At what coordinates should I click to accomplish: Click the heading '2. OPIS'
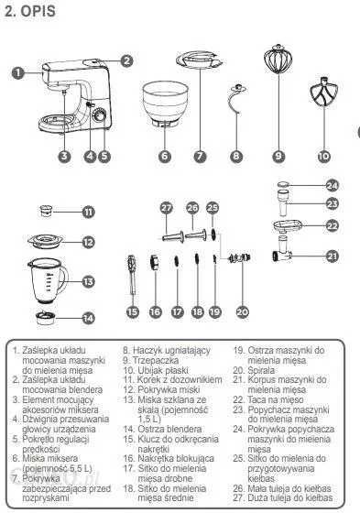pos(30,11)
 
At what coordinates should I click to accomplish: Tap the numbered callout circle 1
pos(18,72)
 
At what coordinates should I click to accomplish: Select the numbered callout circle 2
pos(127,60)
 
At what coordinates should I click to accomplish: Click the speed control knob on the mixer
pos(99,116)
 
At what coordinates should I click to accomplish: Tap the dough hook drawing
pos(236,99)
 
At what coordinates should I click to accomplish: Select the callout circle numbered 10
pos(323,156)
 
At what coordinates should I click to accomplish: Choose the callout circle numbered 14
pos(88,318)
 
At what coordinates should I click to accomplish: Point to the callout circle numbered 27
pos(167,208)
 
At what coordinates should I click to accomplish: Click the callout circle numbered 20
pos(242,311)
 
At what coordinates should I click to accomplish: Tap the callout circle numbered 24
pos(333,185)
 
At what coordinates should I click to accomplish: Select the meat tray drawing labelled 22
pos(287,226)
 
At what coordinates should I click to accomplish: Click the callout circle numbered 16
pos(155,311)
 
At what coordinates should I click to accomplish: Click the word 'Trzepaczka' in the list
pos(156,361)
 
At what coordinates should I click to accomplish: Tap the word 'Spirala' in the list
pos(261,370)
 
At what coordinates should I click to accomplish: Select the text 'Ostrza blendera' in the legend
pos(169,429)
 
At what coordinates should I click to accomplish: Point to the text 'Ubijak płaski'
pos(163,370)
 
